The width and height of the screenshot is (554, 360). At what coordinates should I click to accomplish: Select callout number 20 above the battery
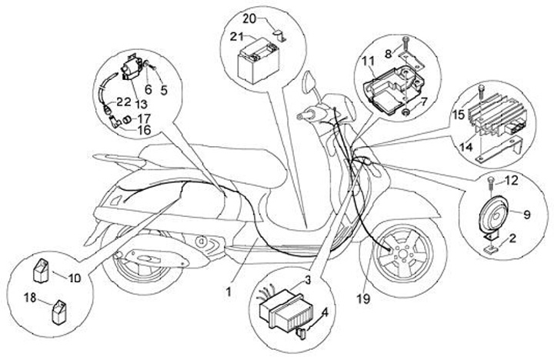click(251, 18)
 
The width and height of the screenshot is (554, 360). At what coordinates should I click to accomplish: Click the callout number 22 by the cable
click(124, 102)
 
